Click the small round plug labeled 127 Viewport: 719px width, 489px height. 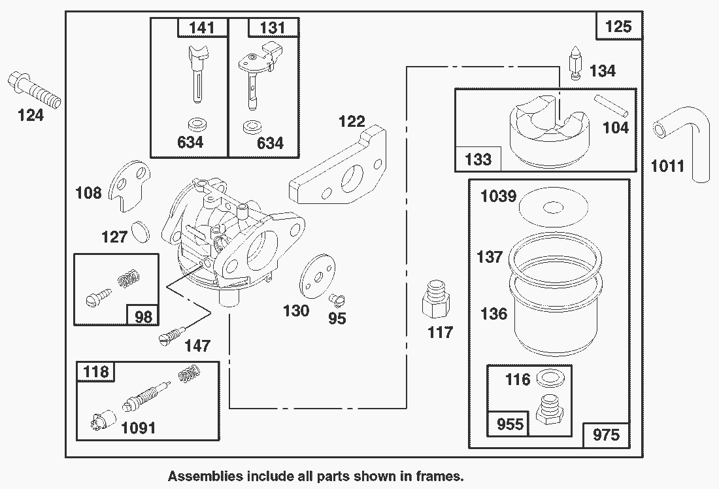(x=141, y=231)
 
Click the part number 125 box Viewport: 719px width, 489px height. (x=618, y=26)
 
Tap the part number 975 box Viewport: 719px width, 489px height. (x=605, y=433)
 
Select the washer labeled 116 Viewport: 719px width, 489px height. (x=550, y=379)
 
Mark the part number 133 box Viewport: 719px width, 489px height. (x=478, y=158)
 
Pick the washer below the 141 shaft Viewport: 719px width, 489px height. (x=194, y=124)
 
